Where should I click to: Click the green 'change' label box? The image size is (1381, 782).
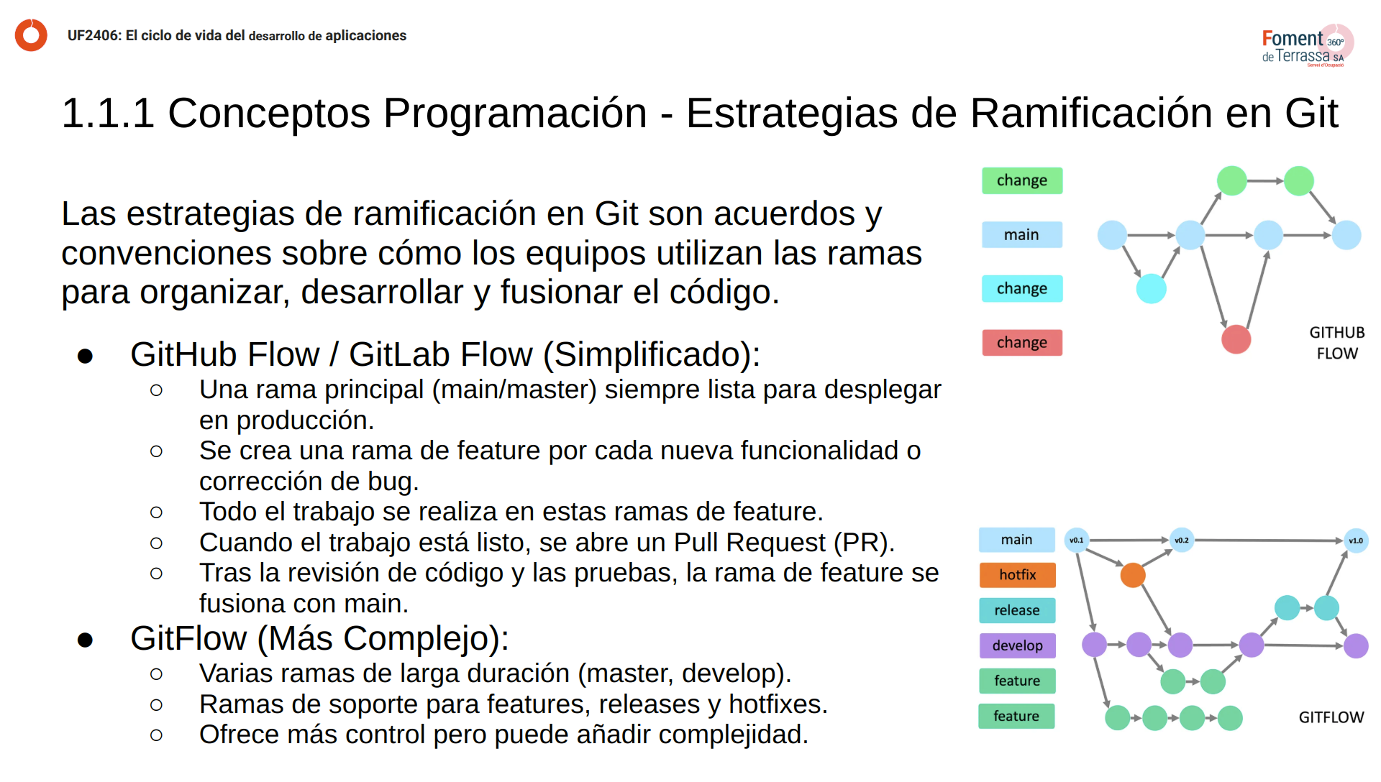[x=1022, y=180]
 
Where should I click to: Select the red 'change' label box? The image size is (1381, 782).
[x=1022, y=342]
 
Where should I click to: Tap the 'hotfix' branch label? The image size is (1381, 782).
[x=1017, y=575]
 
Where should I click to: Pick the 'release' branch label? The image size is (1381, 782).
[x=1017, y=610]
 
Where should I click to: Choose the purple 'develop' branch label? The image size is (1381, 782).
[x=1017, y=645]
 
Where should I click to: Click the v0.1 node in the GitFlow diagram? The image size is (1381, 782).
[x=1077, y=540]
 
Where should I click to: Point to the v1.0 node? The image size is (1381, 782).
[x=1356, y=540]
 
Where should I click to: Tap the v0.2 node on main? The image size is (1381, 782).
[x=1182, y=540]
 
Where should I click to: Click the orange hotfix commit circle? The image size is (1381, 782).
[x=1133, y=575]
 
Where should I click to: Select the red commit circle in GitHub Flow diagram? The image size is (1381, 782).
[x=1236, y=339]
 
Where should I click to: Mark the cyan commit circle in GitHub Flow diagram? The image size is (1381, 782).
[x=1152, y=288]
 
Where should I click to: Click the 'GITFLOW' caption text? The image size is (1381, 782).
[x=1331, y=717]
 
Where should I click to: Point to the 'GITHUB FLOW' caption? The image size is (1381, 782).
[x=1337, y=343]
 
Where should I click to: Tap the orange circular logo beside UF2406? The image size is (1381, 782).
[x=31, y=35]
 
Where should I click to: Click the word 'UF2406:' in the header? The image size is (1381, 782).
[x=94, y=36]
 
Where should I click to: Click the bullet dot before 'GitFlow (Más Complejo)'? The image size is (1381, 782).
[x=86, y=640]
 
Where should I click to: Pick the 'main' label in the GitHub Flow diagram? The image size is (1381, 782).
[x=1022, y=234]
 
